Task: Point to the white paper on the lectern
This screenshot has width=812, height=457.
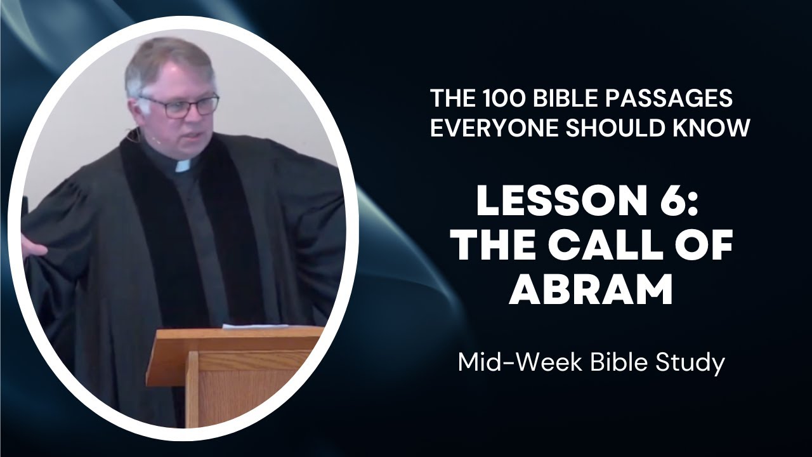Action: coord(254,327)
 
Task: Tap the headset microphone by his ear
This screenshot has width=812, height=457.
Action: coord(133,135)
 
